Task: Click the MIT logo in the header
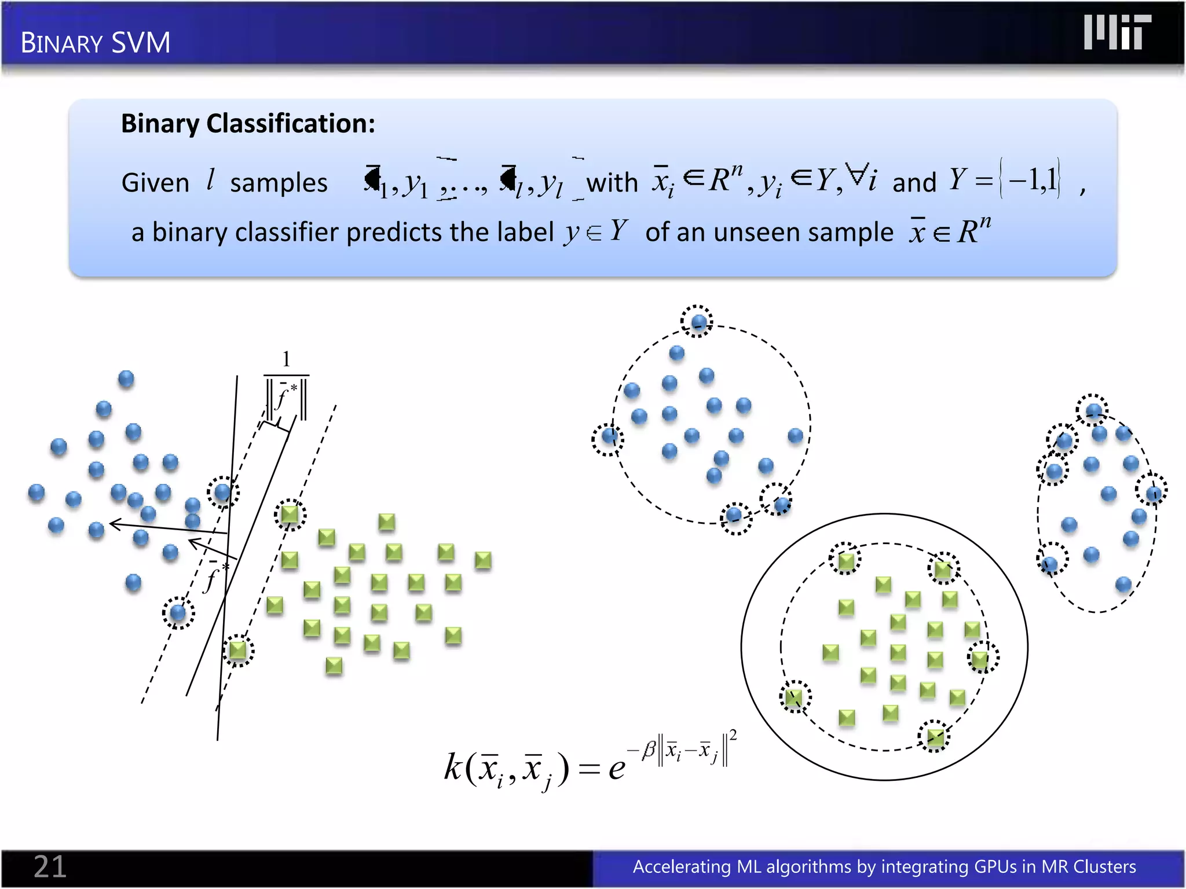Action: [1117, 32]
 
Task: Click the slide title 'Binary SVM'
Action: [96, 43]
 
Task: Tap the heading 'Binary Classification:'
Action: [248, 123]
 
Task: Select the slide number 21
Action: [50, 866]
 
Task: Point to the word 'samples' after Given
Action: [279, 183]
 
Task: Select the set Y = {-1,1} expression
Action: [1005, 180]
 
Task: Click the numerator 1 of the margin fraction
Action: [286, 359]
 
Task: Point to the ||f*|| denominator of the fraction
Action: [286, 398]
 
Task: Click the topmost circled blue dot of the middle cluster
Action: [697, 321]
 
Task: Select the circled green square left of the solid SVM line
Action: [238, 650]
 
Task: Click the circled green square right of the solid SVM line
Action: [290, 514]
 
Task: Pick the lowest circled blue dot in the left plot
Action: [178, 612]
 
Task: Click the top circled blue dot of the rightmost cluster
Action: [1093, 410]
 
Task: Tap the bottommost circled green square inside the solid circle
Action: [935, 737]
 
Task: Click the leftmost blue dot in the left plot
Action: [36, 493]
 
